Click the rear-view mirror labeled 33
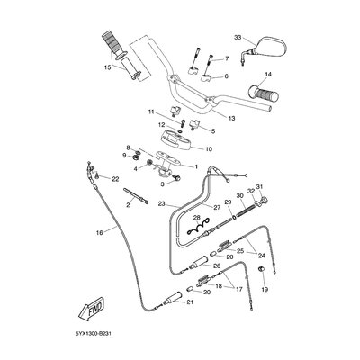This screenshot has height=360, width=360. coord(271,47)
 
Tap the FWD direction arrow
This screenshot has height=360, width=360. coord(91,308)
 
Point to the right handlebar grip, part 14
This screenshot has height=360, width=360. coord(263,93)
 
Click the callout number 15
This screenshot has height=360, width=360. coord(107,67)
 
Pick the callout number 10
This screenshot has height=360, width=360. coord(209,149)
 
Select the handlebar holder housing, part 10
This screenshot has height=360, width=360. coord(175,139)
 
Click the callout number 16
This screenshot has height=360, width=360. coord(100,232)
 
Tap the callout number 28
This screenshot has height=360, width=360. coord(196,217)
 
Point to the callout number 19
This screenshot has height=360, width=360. coord(265,290)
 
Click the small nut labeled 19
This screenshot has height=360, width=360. coord(262,268)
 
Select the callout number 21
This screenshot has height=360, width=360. coord(190,302)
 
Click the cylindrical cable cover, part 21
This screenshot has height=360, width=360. coord(172,297)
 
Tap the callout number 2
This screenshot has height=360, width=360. coord(128,205)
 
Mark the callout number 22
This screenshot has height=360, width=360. coord(115,179)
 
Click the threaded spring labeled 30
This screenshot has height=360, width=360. coord(246,208)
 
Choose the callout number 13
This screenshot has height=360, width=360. coord(231,119)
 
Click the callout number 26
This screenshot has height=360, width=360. coord(217,265)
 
